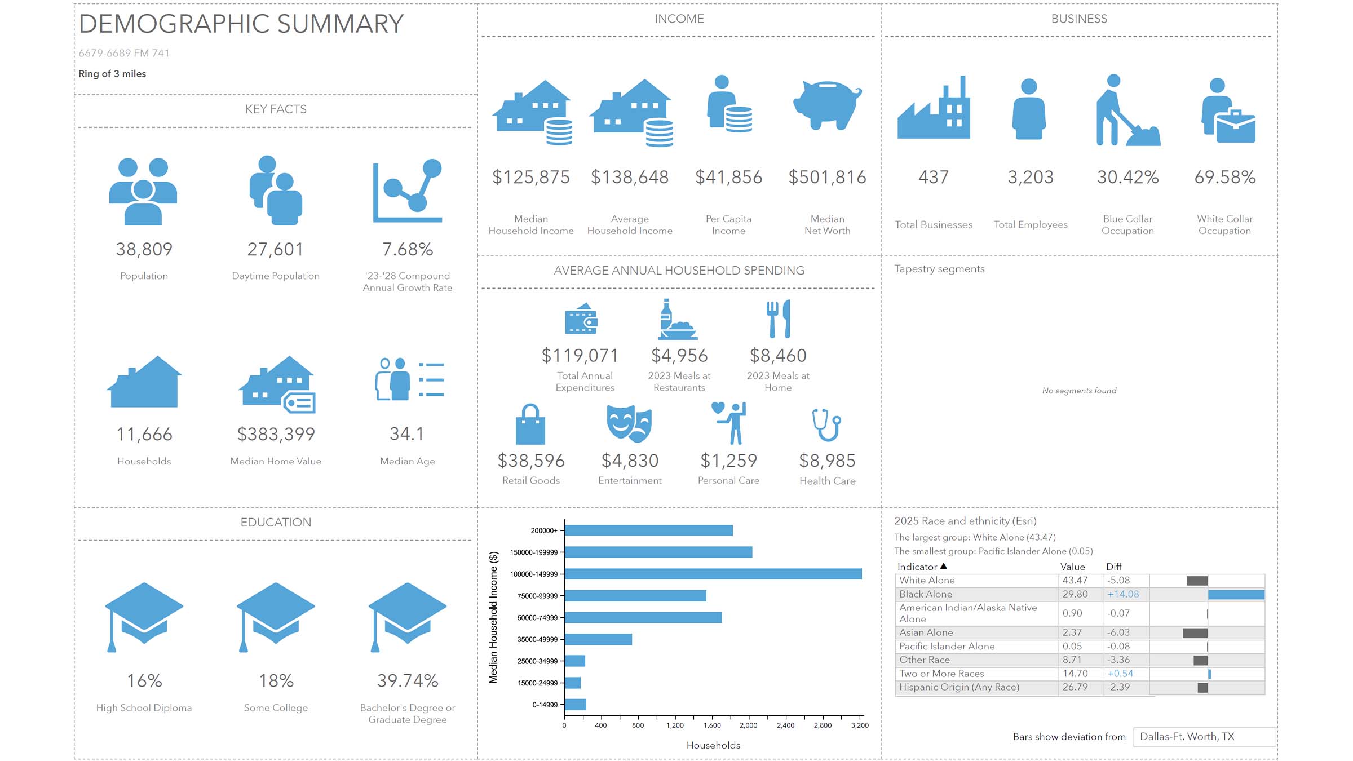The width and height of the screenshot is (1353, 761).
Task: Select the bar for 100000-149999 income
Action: (713, 574)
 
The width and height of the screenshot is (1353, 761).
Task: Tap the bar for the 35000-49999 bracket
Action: (598, 639)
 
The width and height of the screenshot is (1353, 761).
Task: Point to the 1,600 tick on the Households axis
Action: (712, 725)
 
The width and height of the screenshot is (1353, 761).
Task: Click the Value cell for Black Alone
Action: (1075, 594)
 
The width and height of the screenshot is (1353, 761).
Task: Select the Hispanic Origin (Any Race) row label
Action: (959, 687)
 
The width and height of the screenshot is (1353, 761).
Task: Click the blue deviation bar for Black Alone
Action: (1236, 595)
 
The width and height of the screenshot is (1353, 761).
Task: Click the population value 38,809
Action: (144, 249)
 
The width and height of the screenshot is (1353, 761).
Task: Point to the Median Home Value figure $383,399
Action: (276, 434)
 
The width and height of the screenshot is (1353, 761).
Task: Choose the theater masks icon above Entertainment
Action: (629, 423)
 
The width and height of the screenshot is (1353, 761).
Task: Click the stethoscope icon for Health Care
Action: (826, 424)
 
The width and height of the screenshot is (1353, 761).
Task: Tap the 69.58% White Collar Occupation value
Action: (1224, 178)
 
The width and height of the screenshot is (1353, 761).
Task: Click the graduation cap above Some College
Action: (276, 614)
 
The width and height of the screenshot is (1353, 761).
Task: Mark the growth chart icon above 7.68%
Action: (408, 192)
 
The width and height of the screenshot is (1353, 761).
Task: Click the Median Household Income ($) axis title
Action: (493, 617)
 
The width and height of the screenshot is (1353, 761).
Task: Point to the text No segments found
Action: (1079, 391)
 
